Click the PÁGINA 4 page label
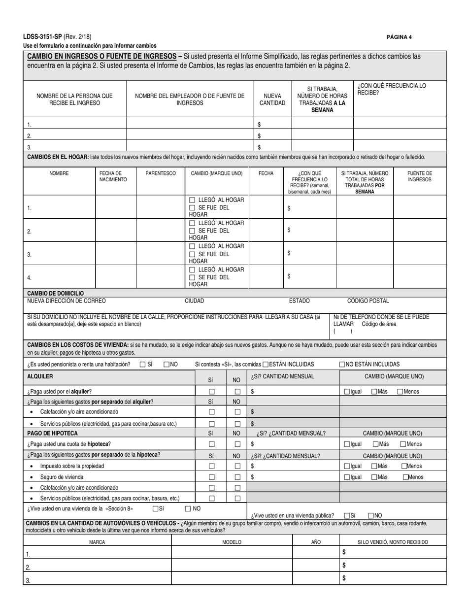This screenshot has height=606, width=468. (x=399, y=37)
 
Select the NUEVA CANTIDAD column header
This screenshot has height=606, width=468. (x=272, y=100)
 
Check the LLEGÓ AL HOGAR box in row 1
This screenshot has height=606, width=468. (x=192, y=200)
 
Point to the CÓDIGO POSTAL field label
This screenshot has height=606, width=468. (x=368, y=301)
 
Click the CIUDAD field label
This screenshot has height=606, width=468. (x=194, y=301)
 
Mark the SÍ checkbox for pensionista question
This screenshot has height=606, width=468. (x=143, y=365)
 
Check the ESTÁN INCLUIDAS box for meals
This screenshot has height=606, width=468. (x=266, y=365)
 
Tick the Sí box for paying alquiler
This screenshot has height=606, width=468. (x=212, y=392)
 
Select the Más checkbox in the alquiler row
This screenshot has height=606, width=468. (x=375, y=392)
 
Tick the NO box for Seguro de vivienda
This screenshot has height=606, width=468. (x=237, y=477)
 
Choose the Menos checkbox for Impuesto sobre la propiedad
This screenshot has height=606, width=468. (x=404, y=466)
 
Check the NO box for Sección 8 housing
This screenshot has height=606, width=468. (x=188, y=508)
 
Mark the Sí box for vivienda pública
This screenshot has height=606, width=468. (x=347, y=515)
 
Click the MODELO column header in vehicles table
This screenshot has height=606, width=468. (x=232, y=542)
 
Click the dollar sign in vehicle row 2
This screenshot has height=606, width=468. (x=344, y=565)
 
